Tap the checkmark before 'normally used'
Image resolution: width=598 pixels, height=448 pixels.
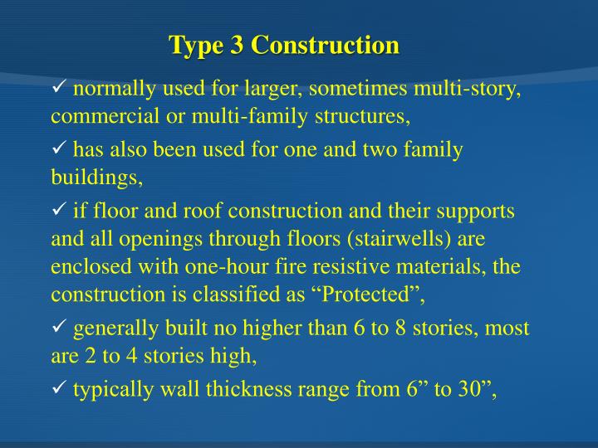[59, 89]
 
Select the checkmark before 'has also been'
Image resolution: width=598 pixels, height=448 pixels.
[59, 149]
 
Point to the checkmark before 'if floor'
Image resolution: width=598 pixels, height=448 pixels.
[59, 211]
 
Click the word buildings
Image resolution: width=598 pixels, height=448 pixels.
[96, 177]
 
